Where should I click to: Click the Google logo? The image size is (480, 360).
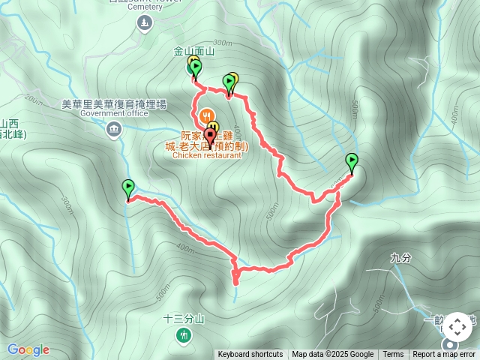click(28, 349)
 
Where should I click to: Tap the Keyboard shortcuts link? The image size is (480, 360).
click(250, 355)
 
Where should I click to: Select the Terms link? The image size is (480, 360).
click(393, 355)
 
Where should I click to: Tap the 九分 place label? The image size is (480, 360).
click(401, 257)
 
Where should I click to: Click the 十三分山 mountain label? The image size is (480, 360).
click(184, 319)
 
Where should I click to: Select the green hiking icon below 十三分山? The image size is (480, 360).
click(184, 334)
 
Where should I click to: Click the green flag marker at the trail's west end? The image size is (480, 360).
click(127, 189)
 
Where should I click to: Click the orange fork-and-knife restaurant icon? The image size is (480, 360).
click(212, 127)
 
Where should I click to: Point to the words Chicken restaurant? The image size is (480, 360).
click(208, 156)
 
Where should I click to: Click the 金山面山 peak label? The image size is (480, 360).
click(194, 52)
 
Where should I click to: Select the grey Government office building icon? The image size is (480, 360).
click(114, 129)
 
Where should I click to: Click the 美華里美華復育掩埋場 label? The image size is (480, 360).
click(114, 104)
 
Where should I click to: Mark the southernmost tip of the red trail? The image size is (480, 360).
click(235, 283)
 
